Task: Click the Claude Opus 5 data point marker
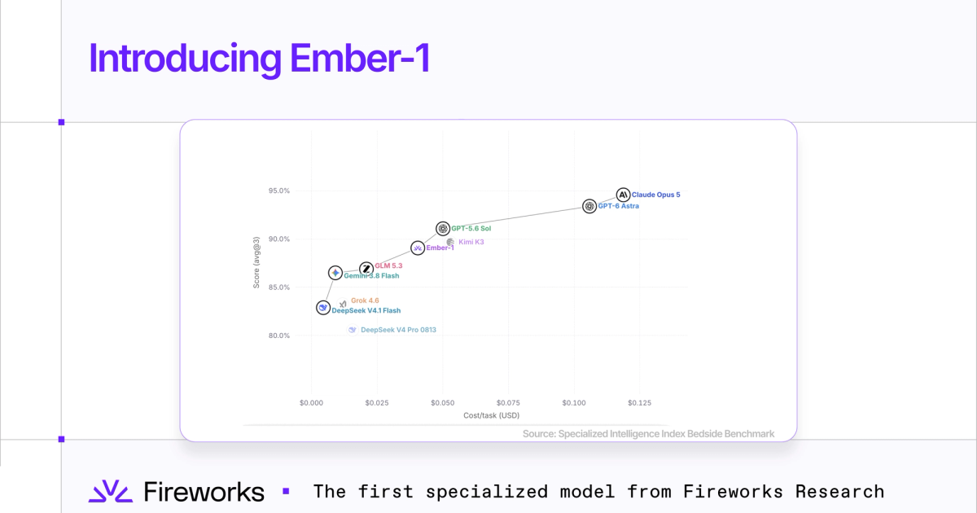[624, 195]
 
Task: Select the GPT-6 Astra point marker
[589, 206]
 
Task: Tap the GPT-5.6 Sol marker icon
[443, 228]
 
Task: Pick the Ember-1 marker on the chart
[418, 248]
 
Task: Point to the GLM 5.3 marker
[366, 269]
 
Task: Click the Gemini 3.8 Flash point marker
[335, 273]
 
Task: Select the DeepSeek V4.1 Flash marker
[323, 308]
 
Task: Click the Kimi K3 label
[471, 242]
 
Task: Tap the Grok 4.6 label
[365, 300]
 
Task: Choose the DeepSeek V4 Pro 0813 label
[399, 330]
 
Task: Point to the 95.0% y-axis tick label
[279, 191]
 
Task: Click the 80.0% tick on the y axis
[279, 335]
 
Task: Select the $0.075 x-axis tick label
[508, 402]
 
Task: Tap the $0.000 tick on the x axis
[311, 402]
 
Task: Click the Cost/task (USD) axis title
[492, 415]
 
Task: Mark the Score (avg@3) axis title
[256, 262]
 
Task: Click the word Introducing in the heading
[186, 59]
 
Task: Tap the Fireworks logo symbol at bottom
[111, 491]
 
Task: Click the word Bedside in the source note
[704, 433]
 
